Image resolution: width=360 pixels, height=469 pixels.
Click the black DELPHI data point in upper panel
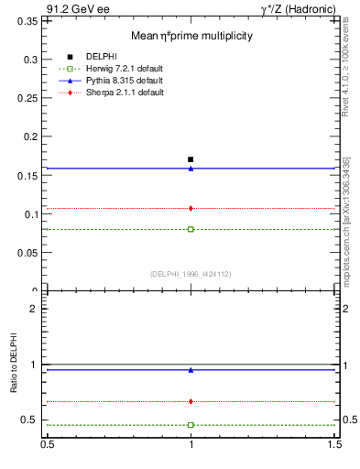(x=191, y=159)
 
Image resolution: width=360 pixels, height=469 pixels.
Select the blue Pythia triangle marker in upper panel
(x=191, y=169)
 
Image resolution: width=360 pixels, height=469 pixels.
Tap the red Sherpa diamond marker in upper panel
(x=191, y=208)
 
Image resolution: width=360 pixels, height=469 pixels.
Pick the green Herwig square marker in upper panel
(x=191, y=229)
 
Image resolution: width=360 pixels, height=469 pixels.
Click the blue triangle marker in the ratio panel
(x=191, y=370)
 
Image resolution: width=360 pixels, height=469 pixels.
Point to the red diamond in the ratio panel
(x=191, y=401)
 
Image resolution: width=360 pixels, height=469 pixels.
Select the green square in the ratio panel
(x=191, y=425)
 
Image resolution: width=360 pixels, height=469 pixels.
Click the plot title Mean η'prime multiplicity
(x=191, y=36)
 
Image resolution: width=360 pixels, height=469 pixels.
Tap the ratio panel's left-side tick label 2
(x=33, y=309)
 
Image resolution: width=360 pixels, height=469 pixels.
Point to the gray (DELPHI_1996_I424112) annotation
(x=191, y=274)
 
